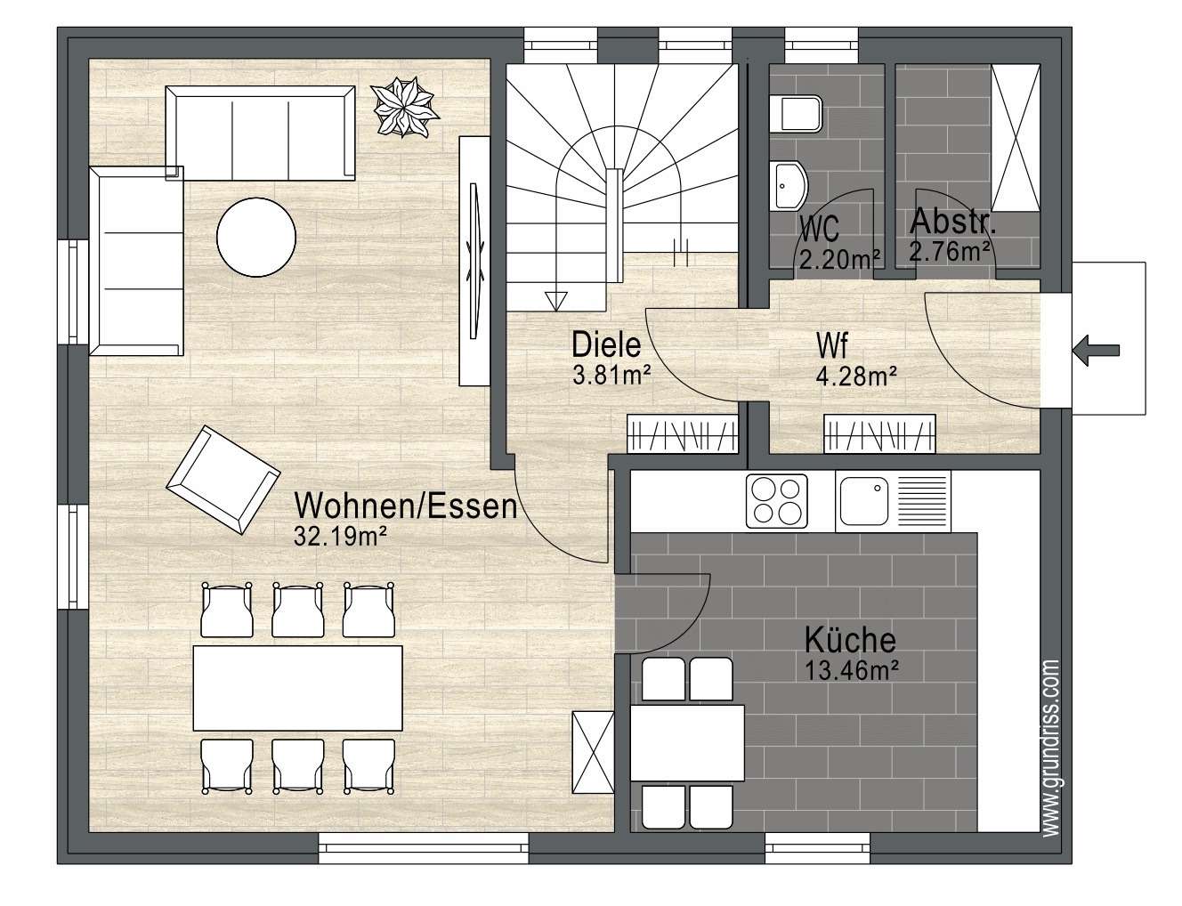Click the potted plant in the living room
point(405,107)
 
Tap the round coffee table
point(256,237)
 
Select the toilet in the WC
point(797,114)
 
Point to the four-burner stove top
point(777,501)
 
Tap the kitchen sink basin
point(863,501)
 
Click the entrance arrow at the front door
point(1097,351)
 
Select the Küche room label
point(850,641)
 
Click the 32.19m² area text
point(340,537)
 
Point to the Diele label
point(606,344)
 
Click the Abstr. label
point(953,222)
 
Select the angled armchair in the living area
point(223,481)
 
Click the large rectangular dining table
point(297,688)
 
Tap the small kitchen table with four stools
point(687,743)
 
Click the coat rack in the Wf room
point(879,433)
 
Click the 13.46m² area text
point(851,670)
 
